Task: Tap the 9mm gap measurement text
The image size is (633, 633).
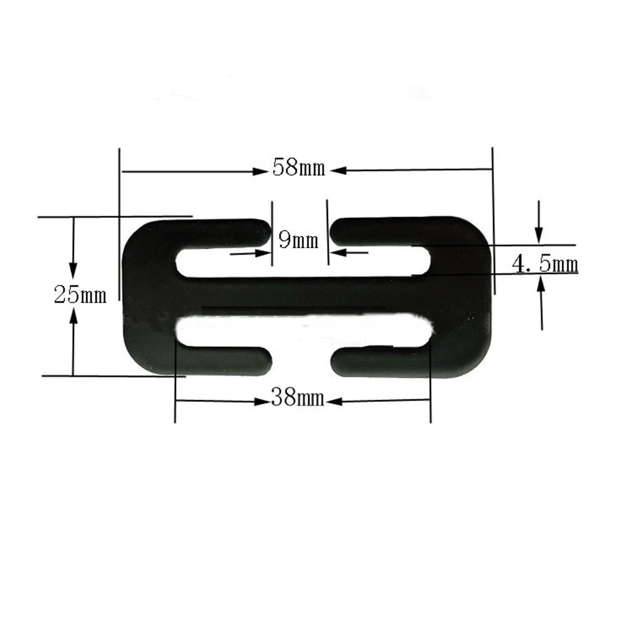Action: coord(298,241)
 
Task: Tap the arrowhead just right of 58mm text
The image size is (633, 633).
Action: coord(336,170)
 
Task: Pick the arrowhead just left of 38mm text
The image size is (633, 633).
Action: coord(261,401)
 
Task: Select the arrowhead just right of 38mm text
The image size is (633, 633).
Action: coord(335,401)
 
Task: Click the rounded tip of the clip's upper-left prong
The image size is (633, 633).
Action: coord(265,232)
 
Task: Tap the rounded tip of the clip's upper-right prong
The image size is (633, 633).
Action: coord(337,232)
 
